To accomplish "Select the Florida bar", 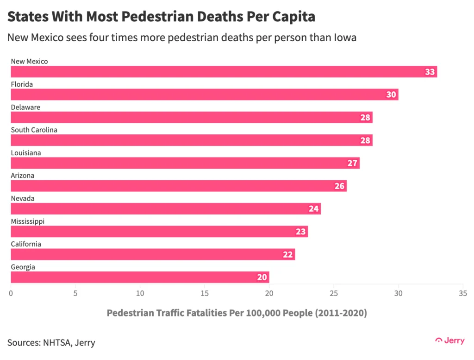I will tap(204, 95).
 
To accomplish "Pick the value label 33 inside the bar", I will tap(430, 72).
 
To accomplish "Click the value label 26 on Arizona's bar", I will tap(340, 186).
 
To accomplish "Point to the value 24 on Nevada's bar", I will tap(314, 208).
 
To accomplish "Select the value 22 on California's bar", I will tap(288, 254).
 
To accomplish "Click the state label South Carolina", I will tap(34, 130).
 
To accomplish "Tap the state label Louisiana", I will tap(26, 153).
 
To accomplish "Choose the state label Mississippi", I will tap(27, 221).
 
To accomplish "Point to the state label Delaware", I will tap(25, 107).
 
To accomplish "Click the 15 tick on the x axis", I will tap(204, 293).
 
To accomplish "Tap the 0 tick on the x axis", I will tap(11, 293).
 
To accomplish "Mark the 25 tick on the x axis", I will tap(333, 293).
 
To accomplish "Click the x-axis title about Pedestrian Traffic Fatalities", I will tap(237, 313).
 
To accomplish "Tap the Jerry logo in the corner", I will tap(450, 341).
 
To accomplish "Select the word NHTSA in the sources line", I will tap(56, 343).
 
